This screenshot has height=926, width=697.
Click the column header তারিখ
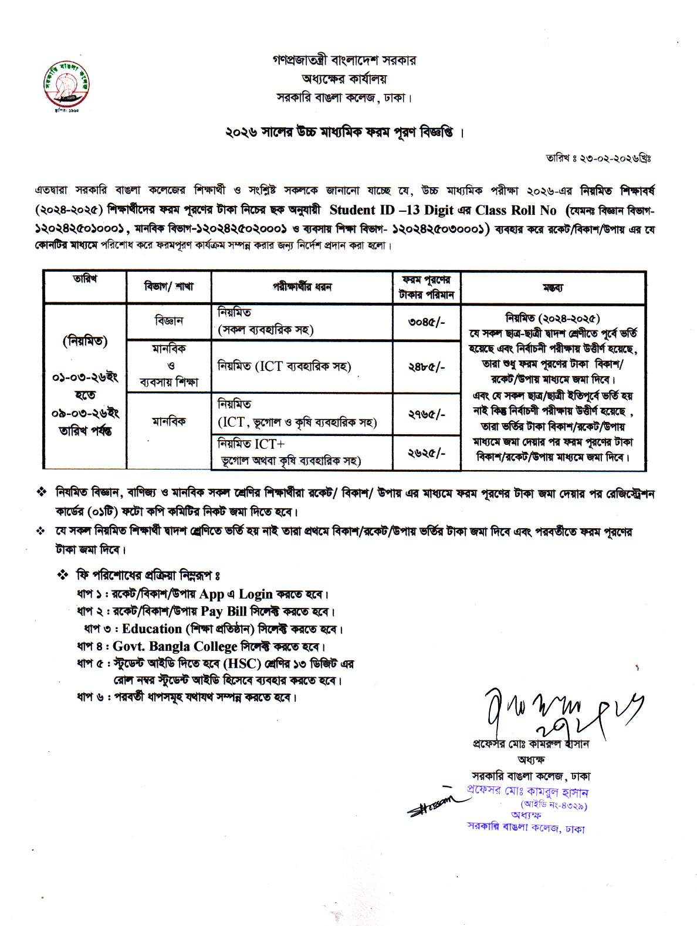(86, 279)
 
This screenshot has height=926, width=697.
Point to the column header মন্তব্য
(553, 288)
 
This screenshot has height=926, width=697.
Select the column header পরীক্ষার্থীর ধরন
(302, 288)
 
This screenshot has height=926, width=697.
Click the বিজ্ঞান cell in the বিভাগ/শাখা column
(169, 321)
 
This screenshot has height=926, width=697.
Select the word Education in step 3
(152, 629)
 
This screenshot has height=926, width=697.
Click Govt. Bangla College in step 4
(175, 647)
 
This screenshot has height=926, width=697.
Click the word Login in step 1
(255, 594)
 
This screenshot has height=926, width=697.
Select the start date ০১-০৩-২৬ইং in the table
(86, 376)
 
